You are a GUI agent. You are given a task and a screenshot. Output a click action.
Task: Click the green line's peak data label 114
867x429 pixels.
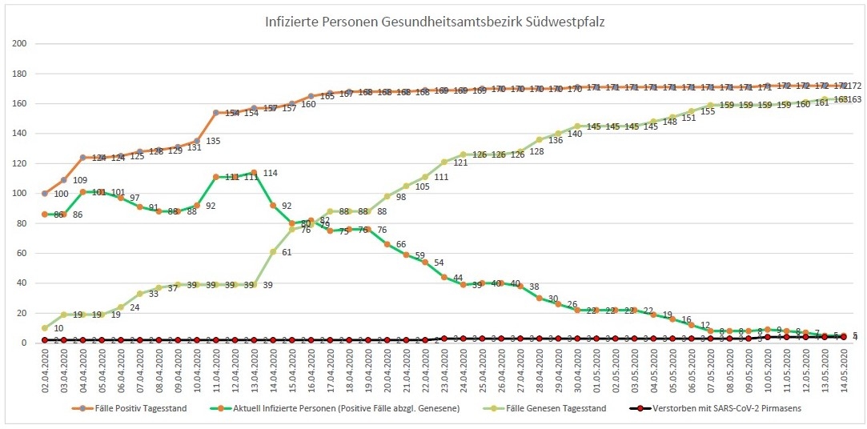pos(271,172)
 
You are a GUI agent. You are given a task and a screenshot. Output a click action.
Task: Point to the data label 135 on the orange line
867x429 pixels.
pos(214,142)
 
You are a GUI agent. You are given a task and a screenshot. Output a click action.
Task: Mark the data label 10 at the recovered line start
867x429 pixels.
pos(58,328)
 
